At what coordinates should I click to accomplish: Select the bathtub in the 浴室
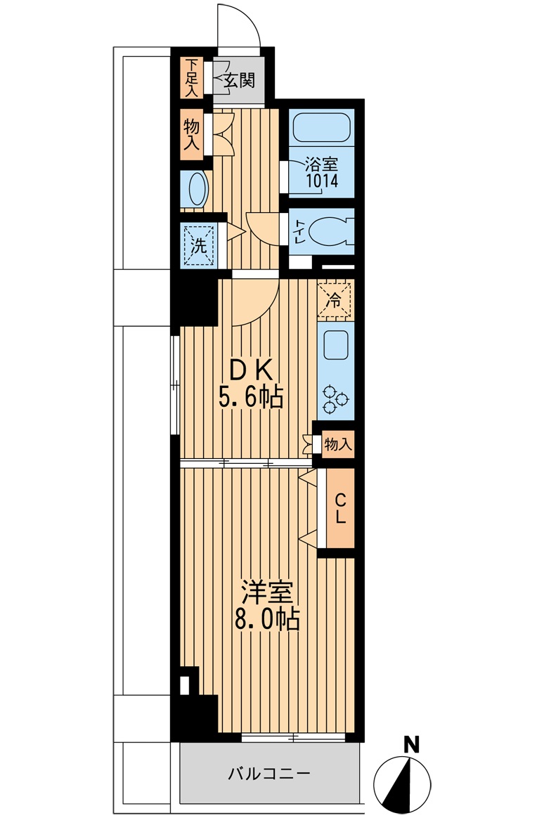pyautogui.click(x=321, y=128)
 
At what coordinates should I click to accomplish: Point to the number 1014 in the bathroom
pyautogui.click(x=322, y=181)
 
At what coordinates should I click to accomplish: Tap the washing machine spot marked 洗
pyautogui.click(x=199, y=245)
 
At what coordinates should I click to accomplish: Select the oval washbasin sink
pyautogui.click(x=196, y=189)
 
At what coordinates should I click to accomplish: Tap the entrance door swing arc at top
pyautogui.click(x=239, y=25)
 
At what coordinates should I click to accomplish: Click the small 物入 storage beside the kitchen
pyautogui.click(x=337, y=444)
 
